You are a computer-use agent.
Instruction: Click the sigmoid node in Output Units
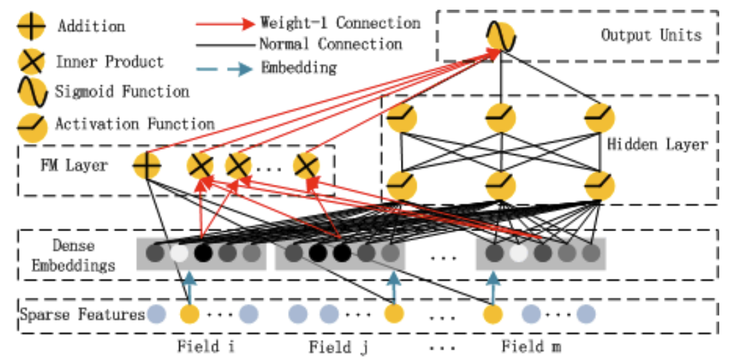pyautogui.click(x=500, y=37)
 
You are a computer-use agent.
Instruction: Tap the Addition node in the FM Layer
pyautogui.click(x=147, y=165)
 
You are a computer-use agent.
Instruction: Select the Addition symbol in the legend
pyautogui.click(x=31, y=26)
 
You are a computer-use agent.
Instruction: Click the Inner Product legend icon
pyautogui.click(x=31, y=62)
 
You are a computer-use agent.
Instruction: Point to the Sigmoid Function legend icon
pyautogui.click(x=31, y=92)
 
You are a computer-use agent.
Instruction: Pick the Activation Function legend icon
pyautogui.click(x=31, y=125)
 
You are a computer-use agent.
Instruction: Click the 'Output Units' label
pyautogui.click(x=651, y=35)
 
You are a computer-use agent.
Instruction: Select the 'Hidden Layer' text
pyautogui.click(x=657, y=145)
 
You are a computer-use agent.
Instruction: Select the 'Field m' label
pyautogui.click(x=531, y=346)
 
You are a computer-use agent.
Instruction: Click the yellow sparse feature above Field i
pyautogui.click(x=189, y=315)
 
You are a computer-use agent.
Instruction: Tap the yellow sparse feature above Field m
pyautogui.click(x=492, y=315)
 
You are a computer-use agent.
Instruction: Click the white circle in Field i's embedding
pyautogui.click(x=179, y=253)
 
